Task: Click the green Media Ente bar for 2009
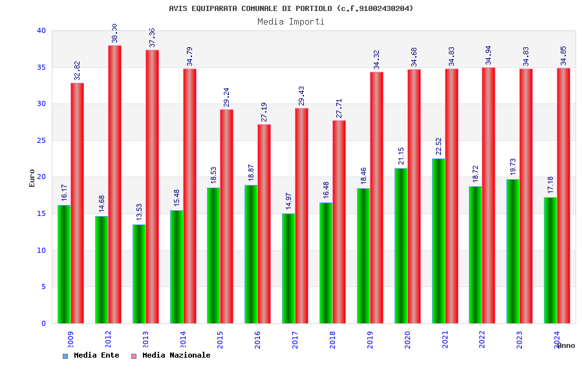point(64,264)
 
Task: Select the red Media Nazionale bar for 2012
point(114,184)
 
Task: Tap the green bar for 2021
point(438,241)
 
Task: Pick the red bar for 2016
point(264,224)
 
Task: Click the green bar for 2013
point(139,274)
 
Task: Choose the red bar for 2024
point(563,195)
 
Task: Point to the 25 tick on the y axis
point(41,140)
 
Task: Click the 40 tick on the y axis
point(41,30)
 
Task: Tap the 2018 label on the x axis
point(333,340)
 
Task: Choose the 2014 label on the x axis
point(183,340)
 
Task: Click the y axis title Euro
point(32,178)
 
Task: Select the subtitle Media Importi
point(291,21)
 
